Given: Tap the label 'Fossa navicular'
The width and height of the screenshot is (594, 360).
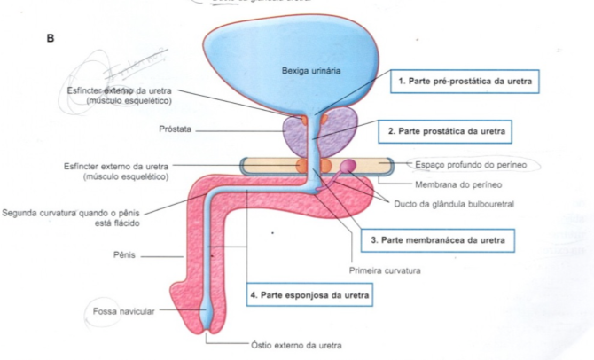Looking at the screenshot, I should coord(125,312).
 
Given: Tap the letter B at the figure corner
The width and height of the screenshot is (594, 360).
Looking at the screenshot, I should coord(51,40).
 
